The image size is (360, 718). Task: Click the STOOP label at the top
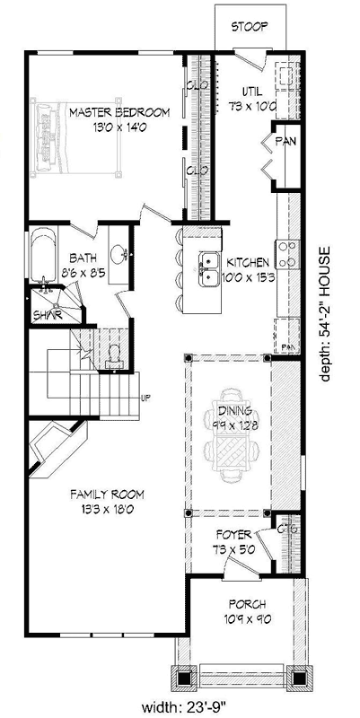pyautogui.click(x=249, y=27)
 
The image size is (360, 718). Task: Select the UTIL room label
pyautogui.click(x=251, y=91)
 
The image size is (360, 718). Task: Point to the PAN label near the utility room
pyautogui.click(x=285, y=141)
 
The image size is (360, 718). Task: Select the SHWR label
pyautogui.click(x=46, y=315)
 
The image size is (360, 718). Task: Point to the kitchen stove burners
pyautogui.click(x=287, y=255)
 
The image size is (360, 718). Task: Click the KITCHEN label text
pyautogui.click(x=247, y=263)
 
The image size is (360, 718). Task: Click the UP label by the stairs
pyautogui.click(x=145, y=398)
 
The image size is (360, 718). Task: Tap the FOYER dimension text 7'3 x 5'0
pyautogui.click(x=232, y=547)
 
